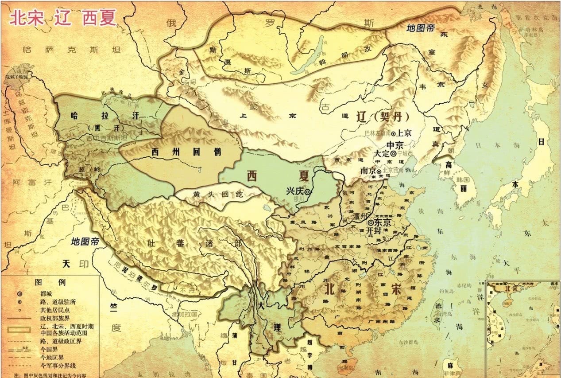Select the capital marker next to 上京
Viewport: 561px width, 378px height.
tap(393, 133)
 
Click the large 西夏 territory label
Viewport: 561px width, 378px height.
tap(277, 176)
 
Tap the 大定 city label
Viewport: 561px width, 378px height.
tap(381, 153)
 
